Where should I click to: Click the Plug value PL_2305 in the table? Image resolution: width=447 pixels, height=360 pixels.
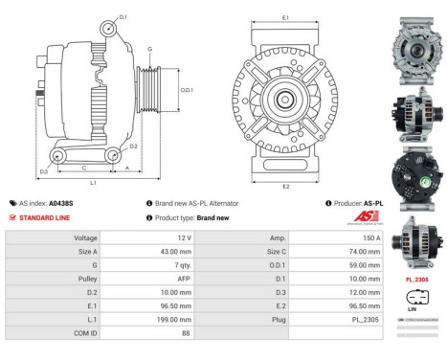click(365, 317)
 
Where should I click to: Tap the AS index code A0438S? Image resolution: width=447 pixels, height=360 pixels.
click(60, 203)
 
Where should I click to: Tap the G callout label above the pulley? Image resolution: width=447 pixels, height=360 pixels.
click(149, 49)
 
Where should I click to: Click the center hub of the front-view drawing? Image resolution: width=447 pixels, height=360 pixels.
click(285, 99)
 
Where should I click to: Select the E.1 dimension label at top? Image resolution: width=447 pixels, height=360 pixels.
click(285, 18)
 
